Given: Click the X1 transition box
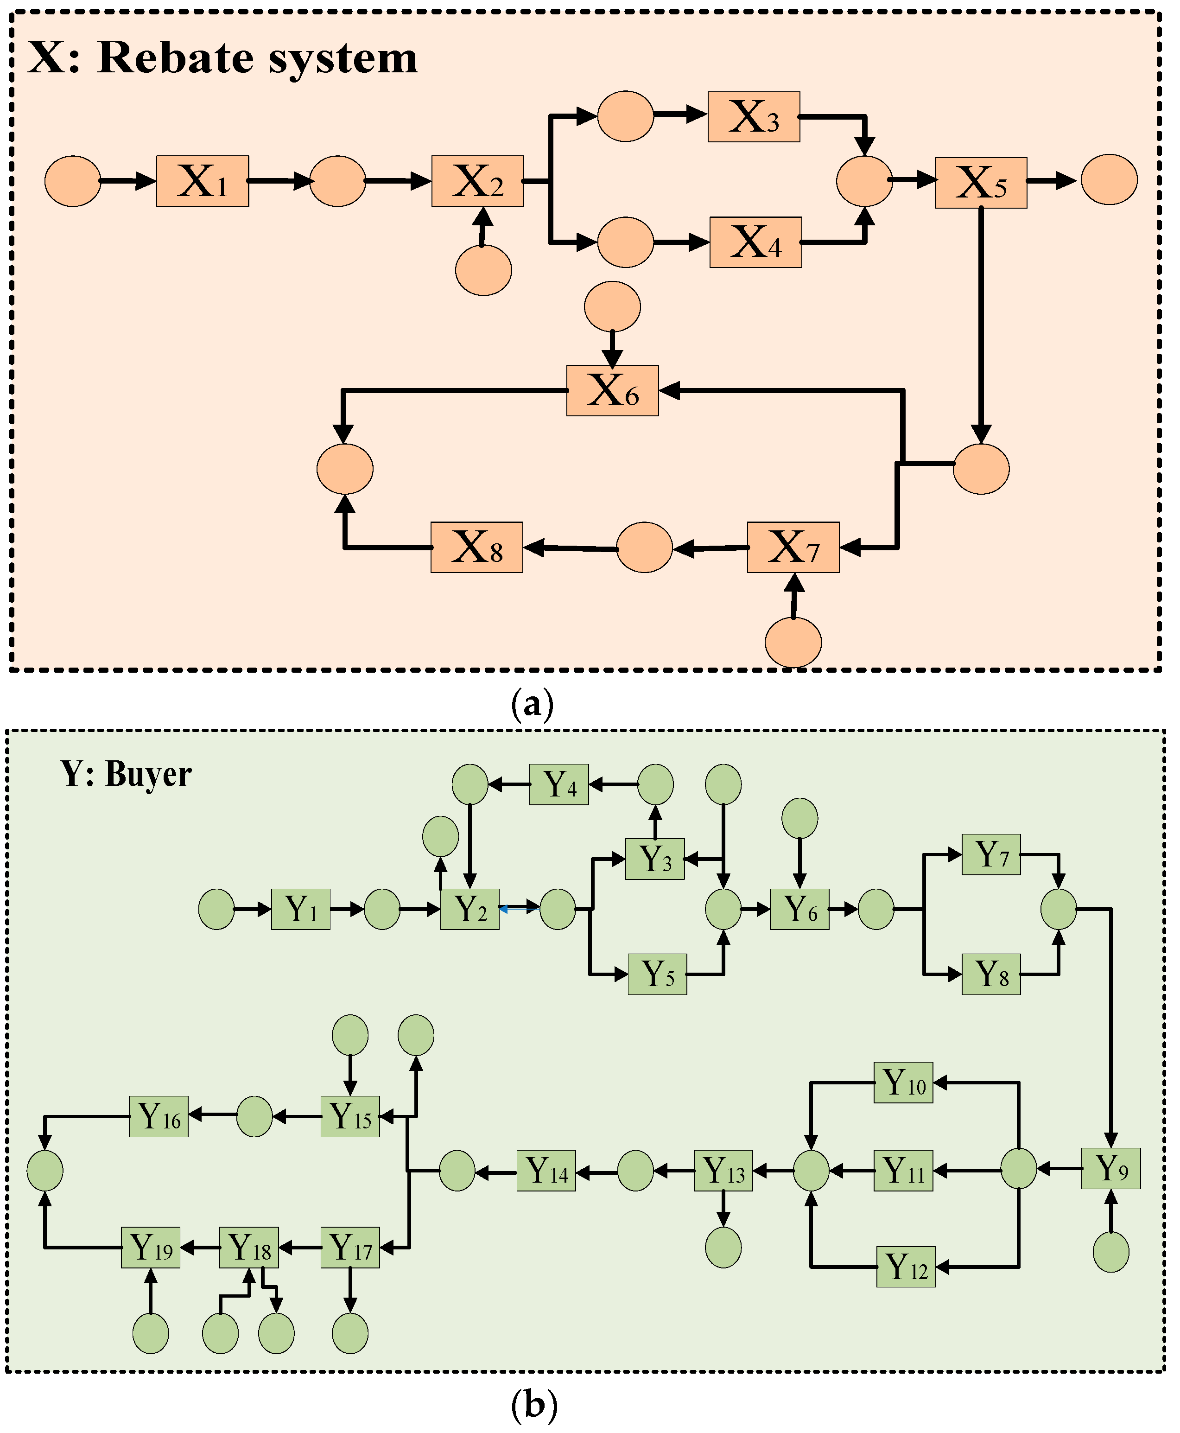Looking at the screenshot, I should pos(202,181).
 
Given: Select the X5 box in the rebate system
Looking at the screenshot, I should pos(980,182).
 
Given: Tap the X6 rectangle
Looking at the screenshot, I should pos(612,390).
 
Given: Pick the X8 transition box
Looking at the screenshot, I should pos(476,547).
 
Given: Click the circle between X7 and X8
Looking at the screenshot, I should pos(644,547).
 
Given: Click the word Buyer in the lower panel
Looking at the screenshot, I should pos(148,774).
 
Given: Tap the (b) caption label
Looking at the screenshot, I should pos(533,1404).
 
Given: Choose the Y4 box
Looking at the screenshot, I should pos(559,784).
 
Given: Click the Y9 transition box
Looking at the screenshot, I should pos(1110,1169).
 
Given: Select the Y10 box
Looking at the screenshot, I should pos(903,1082).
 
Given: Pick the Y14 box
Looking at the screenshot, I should pos(546,1171).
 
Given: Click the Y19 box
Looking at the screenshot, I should pos(150,1248).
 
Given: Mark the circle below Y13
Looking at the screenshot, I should pos(723,1248).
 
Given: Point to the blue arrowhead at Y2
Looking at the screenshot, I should pos(503,908).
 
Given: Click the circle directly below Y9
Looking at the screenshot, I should pos(1110,1252).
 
